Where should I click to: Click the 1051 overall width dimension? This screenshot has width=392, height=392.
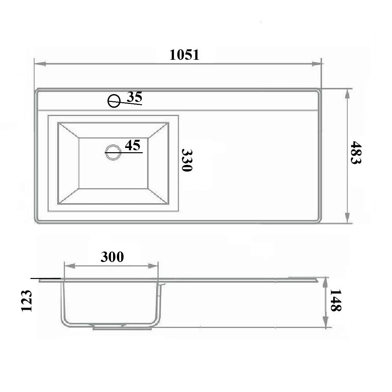(184, 55)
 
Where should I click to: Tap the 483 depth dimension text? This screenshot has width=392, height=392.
(356, 152)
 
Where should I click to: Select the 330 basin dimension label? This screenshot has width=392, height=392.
(187, 160)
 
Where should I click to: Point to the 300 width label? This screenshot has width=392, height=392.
(112, 257)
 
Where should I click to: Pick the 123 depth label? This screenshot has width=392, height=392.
(26, 301)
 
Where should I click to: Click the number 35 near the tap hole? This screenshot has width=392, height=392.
(135, 97)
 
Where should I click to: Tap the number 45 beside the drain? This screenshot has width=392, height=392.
(133, 145)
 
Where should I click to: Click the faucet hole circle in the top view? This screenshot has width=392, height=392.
(114, 101)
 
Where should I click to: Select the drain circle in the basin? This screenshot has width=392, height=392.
(113, 152)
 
